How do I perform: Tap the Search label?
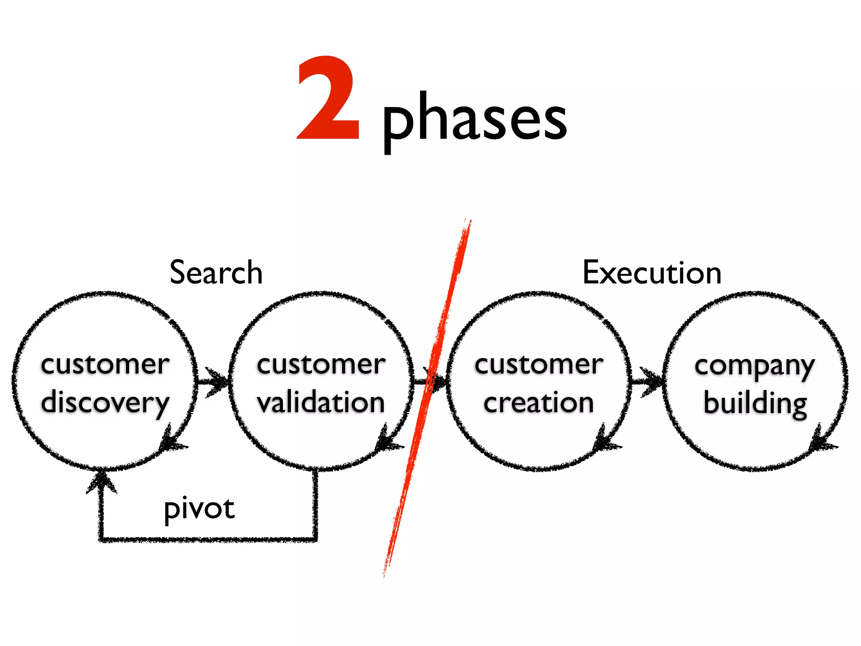click(216, 273)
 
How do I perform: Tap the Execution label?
click(652, 273)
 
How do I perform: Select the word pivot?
click(199, 509)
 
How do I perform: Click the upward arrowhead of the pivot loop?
click(101, 482)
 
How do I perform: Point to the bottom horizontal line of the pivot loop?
click(208, 539)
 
